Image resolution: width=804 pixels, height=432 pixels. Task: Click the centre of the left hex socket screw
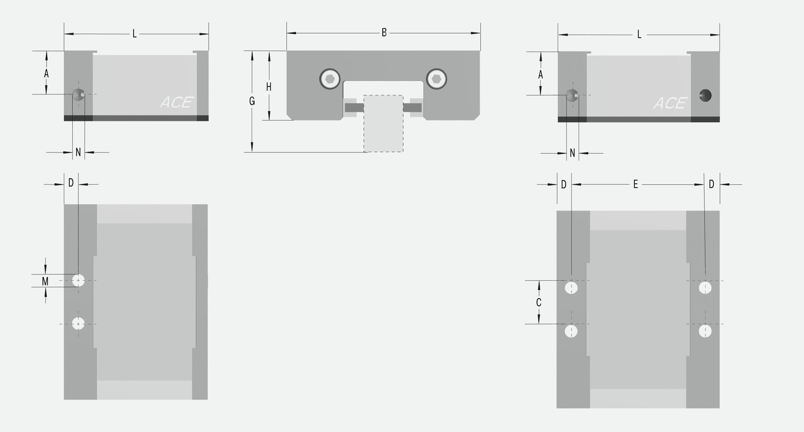[330, 79]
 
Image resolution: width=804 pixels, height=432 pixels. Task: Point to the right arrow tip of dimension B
[480, 33]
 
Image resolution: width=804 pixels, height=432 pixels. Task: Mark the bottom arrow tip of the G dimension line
[252, 151]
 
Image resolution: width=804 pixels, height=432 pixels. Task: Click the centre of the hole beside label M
[78, 280]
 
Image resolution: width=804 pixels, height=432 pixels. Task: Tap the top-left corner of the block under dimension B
[287, 51]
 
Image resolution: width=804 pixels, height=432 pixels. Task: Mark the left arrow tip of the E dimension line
[572, 184]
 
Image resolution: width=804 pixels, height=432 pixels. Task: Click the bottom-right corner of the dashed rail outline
[403, 152]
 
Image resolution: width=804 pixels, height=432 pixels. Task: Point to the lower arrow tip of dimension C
[539, 323]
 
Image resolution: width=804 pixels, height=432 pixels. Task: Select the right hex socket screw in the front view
[436, 79]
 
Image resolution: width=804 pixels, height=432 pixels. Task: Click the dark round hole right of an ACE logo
[705, 95]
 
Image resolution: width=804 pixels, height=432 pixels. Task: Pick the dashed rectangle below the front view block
[383, 123]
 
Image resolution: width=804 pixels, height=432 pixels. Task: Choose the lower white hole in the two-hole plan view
[78, 323]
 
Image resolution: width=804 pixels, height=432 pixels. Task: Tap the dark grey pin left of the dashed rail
[354, 108]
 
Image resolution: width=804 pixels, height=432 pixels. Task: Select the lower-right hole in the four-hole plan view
[705, 331]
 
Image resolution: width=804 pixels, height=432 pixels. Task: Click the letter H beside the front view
[269, 87]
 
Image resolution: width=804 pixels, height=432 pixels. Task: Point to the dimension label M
[45, 281]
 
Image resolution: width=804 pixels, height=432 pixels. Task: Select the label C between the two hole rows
[539, 302]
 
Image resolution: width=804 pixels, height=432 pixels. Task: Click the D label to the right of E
[711, 184]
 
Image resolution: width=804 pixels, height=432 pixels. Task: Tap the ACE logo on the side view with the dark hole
[670, 103]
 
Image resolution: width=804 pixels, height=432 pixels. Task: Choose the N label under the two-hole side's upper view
[78, 152]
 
